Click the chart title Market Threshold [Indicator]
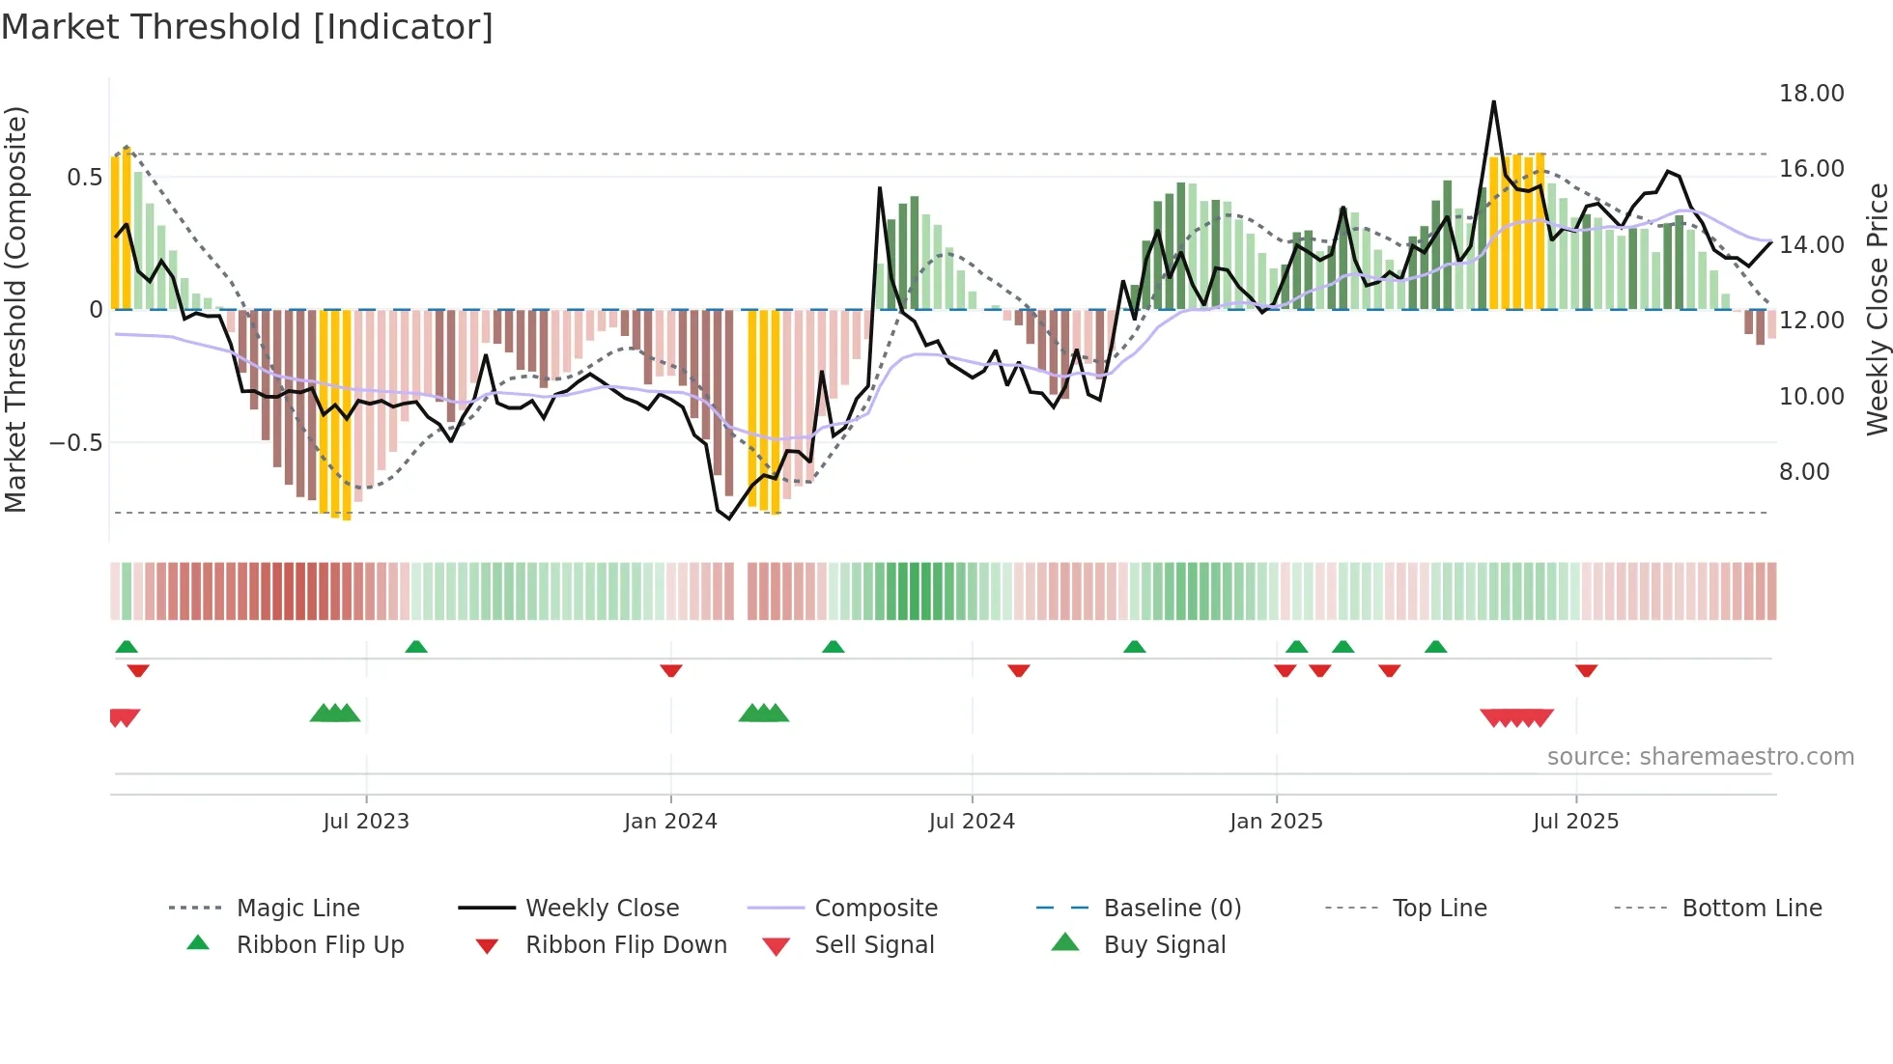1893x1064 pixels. tap(247, 27)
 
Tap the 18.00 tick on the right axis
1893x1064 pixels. tap(1811, 94)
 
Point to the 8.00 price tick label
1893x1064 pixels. tap(1803, 472)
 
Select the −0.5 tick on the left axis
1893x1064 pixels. tap(75, 443)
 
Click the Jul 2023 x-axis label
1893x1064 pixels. tap(366, 822)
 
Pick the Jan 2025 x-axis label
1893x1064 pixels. tap(1276, 822)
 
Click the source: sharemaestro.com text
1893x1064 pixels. tap(1700, 757)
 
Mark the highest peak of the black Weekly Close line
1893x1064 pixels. tap(1493, 101)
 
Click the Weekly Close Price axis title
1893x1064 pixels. tap(1877, 309)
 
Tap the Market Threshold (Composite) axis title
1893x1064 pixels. tap(15, 309)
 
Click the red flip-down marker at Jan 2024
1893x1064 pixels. tap(671, 670)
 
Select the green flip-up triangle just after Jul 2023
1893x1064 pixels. tap(416, 646)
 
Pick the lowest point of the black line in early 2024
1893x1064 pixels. tap(729, 518)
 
